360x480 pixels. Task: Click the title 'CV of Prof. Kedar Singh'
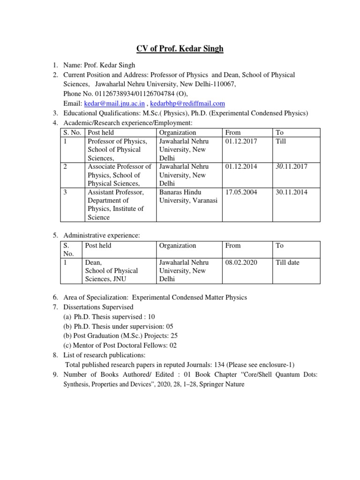point(180,48)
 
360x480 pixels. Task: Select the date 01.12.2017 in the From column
point(241,141)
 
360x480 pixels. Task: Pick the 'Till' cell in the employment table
point(281,141)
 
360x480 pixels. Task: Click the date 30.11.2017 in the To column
point(292,166)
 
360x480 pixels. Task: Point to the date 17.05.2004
point(241,192)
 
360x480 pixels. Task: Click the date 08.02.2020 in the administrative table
point(241,262)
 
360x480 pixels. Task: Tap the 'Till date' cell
point(287,262)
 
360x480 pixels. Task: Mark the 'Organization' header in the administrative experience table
point(177,246)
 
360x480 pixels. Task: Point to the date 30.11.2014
point(292,192)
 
